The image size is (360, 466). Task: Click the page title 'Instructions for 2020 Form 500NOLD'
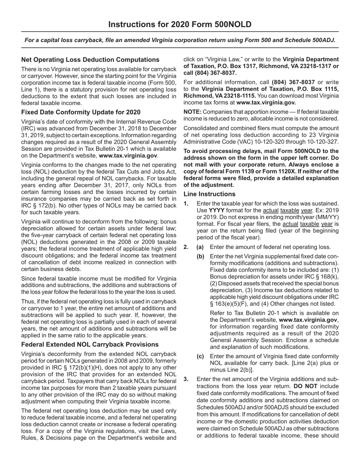(x=180, y=25)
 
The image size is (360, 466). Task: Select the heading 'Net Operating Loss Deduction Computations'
(x=90, y=59)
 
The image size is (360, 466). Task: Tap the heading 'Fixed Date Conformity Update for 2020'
(x=81, y=112)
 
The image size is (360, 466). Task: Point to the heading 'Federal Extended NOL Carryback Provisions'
(x=90, y=344)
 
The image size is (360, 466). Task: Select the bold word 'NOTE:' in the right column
(x=193, y=112)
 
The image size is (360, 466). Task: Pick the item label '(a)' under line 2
(x=200, y=247)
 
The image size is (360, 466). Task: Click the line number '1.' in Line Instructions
(x=186, y=203)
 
